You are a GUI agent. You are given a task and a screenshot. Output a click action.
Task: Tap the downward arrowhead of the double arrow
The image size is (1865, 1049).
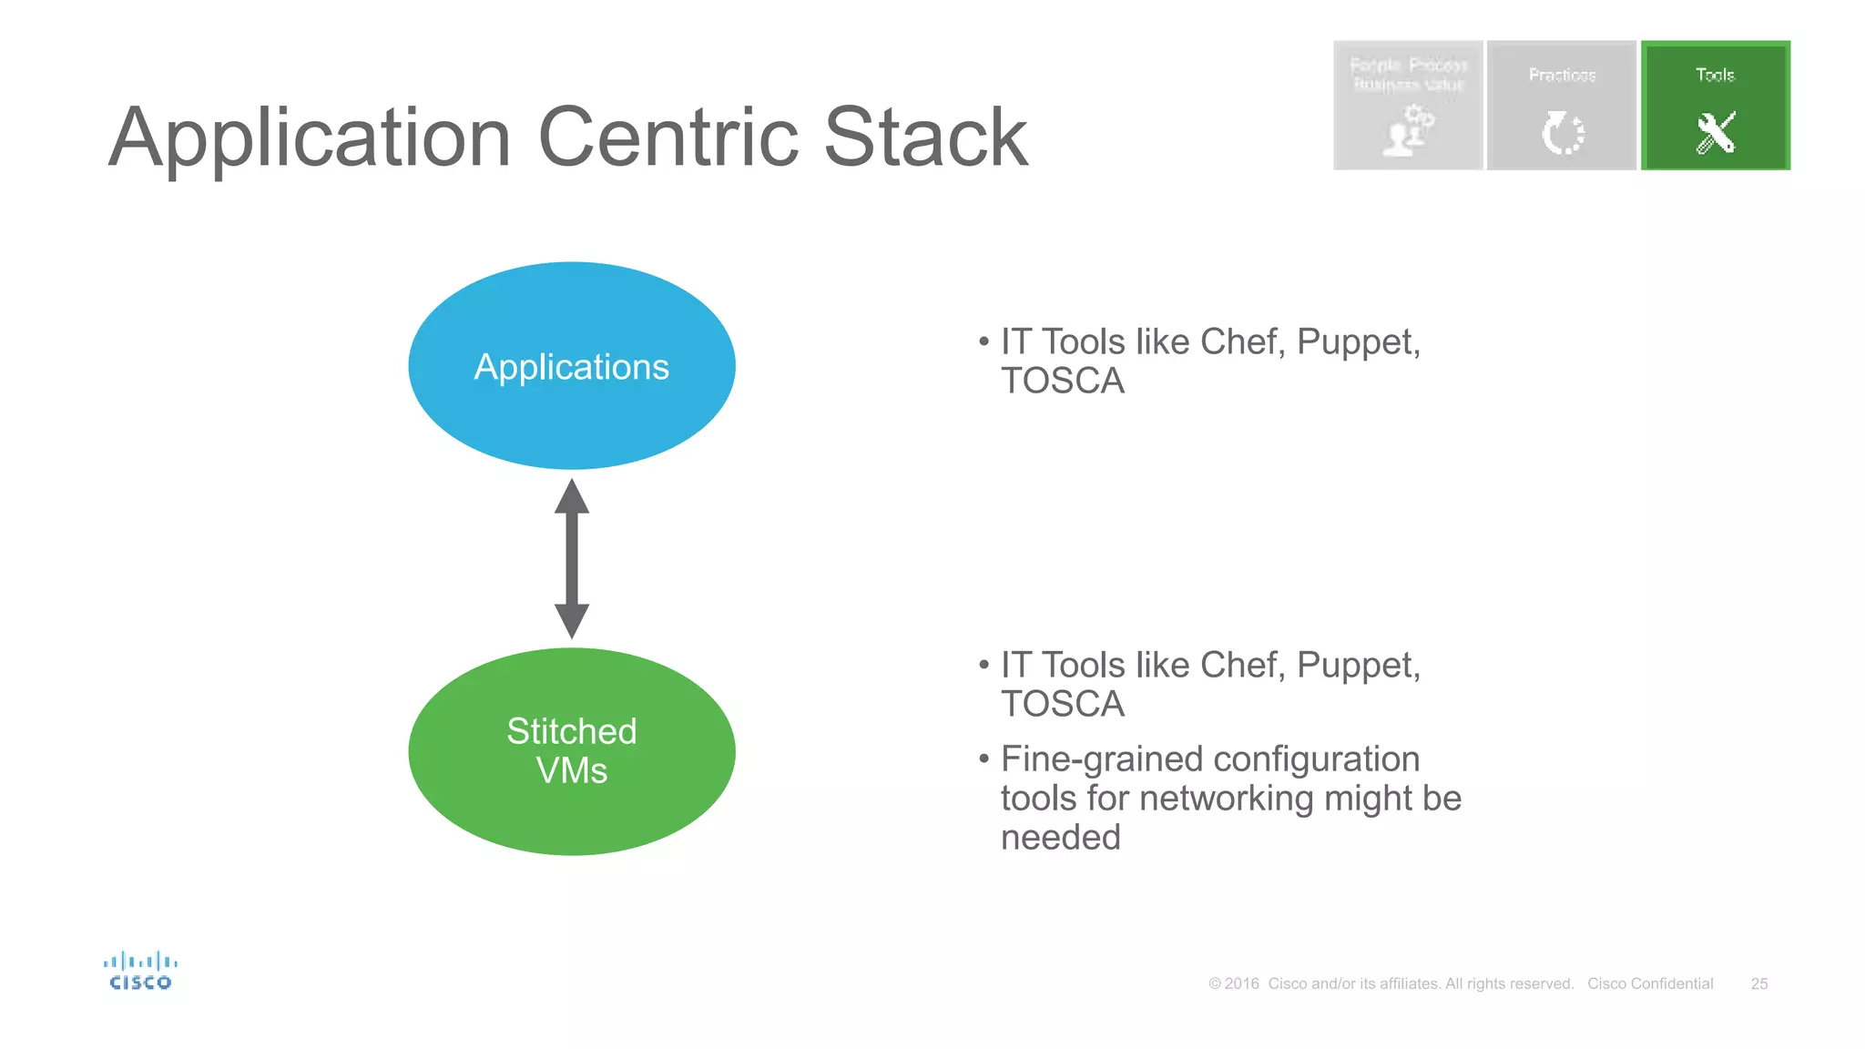pos(572,621)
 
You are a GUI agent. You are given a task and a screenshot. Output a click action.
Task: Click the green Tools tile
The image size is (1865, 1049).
pos(1716,105)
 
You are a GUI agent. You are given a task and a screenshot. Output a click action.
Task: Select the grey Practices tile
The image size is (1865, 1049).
pos(1562,105)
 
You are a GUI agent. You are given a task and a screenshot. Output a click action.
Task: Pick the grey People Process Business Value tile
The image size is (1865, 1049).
pos(1408,105)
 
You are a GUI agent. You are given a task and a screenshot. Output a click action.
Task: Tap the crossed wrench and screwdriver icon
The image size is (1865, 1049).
pos(1716,133)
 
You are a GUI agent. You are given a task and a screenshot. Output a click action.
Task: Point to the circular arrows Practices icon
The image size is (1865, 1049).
pos(1563,133)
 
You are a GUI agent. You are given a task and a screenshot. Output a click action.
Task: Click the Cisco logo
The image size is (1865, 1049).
pos(140,971)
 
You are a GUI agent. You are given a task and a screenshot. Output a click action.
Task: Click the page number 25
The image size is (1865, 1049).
pos(1759,983)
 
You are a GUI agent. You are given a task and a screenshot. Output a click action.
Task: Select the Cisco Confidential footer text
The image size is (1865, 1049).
pos(1650,983)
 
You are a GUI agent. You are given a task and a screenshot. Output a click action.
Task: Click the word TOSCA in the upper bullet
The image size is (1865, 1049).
pos(1063,381)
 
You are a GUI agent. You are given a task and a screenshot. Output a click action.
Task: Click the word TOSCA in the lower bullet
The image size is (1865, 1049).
pos(1063,704)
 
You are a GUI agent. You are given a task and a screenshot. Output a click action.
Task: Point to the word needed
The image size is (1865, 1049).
pos(1061,837)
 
